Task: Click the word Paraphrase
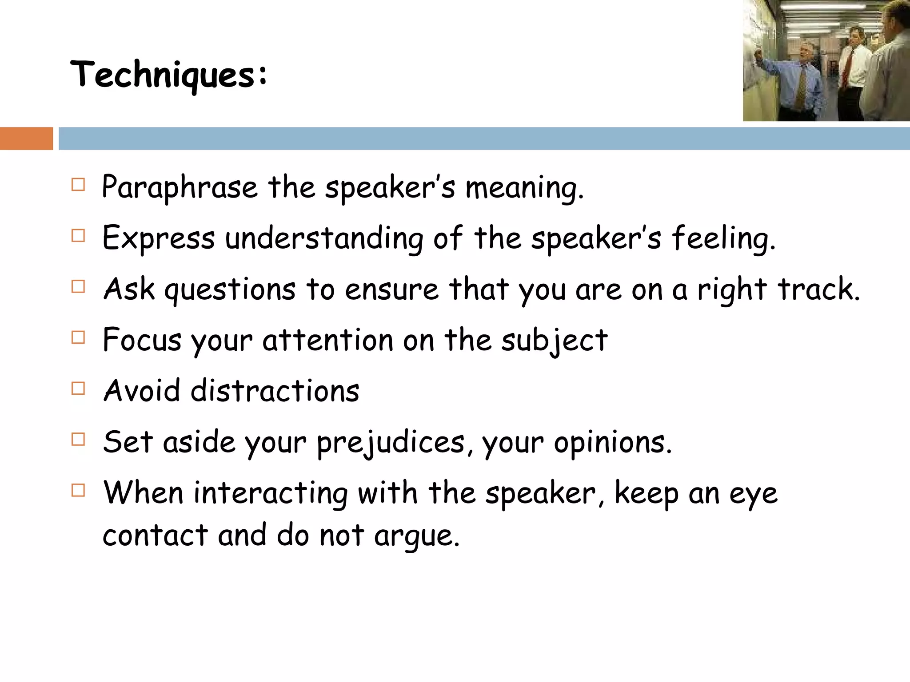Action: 180,187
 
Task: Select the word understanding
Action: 324,239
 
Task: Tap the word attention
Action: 328,341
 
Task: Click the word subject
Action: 554,341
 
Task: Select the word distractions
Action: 275,392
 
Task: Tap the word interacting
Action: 271,494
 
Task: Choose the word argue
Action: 416,536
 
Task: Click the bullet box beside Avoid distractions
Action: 78,389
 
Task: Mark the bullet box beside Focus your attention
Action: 78,337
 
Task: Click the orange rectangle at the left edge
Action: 26,139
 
